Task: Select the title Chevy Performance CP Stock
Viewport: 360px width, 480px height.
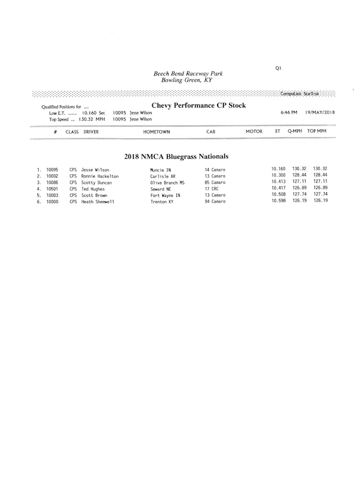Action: pyautogui.click(x=198, y=106)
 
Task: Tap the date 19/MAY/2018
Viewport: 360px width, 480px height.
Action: pyautogui.click(x=320, y=113)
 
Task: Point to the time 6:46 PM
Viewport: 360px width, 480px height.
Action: pyautogui.click(x=289, y=113)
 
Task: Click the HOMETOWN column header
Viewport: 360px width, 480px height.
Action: pyautogui.click(x=156, y=132)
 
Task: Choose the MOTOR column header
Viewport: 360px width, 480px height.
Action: pyautogui.click(x=254, y=131)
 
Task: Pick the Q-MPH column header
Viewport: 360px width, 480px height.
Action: pyautogui.click(x=295, y=131)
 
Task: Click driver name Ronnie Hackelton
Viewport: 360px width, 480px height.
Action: pyautogui.click(x=99, y=176)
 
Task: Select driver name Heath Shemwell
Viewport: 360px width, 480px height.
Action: pyautogui.click(x=97, y=202)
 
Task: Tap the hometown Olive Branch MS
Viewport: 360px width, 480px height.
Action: pyautogui.click(x=167, y=183)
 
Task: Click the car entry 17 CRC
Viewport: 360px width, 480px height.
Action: pyautogui.click(x=211, y=189)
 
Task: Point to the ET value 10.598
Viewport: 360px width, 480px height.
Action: pyautogui.click(x=278, y=201)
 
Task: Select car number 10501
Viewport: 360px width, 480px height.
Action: pyautogui.click(x=52, y=189)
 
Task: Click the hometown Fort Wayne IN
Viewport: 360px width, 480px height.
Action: pyautogui.click(x=165, y=195)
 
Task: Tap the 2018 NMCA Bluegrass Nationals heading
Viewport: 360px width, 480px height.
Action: pyautogui.click(x=176, y=157)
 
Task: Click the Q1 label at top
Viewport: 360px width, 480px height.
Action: pyautogui.click(x=278, y=68)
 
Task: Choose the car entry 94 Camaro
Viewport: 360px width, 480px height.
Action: pyautogui.click(x=215, y=202)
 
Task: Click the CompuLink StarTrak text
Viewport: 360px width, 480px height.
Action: pyautogui.click(x=299, y=94)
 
